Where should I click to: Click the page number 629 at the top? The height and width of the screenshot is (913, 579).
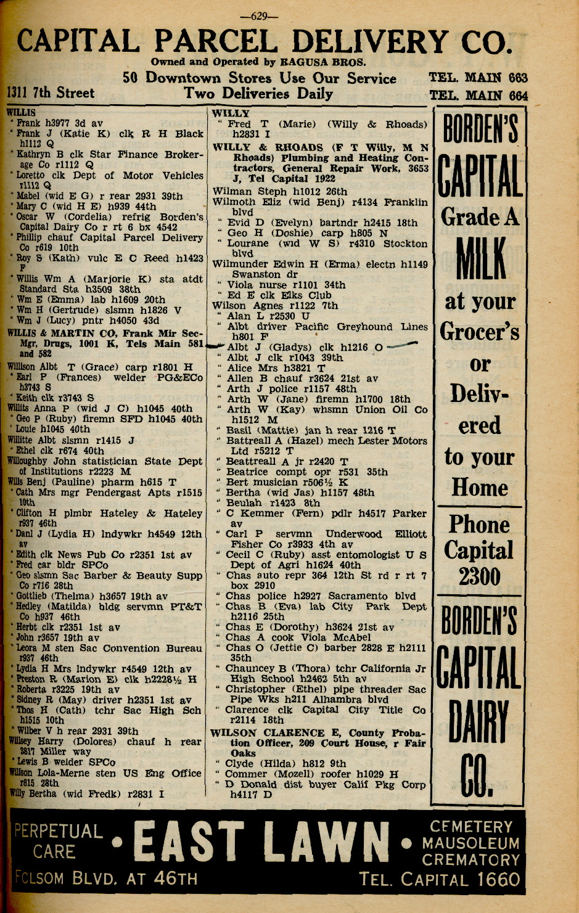point(260,17)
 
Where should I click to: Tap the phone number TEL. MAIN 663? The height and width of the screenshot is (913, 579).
point(478,78)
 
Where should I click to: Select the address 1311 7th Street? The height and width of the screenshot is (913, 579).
point(51,93)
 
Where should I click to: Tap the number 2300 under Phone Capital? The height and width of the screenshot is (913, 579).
point(479,577)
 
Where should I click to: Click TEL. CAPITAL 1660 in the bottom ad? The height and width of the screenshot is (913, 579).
point(440,879)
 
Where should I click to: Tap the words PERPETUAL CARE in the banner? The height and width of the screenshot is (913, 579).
point(57,841)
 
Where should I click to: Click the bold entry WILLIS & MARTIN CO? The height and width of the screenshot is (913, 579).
point(62,333)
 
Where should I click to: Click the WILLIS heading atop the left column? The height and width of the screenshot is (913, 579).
point(21,113)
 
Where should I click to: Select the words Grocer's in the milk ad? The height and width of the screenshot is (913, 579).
point(479,332)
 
